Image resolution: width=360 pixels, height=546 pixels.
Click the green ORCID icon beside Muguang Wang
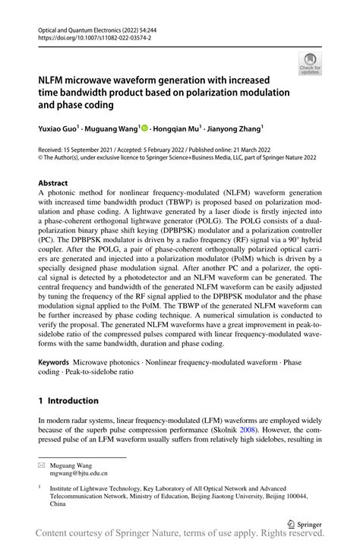click(145, 128)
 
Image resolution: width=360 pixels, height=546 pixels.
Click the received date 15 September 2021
click(90, 152)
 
